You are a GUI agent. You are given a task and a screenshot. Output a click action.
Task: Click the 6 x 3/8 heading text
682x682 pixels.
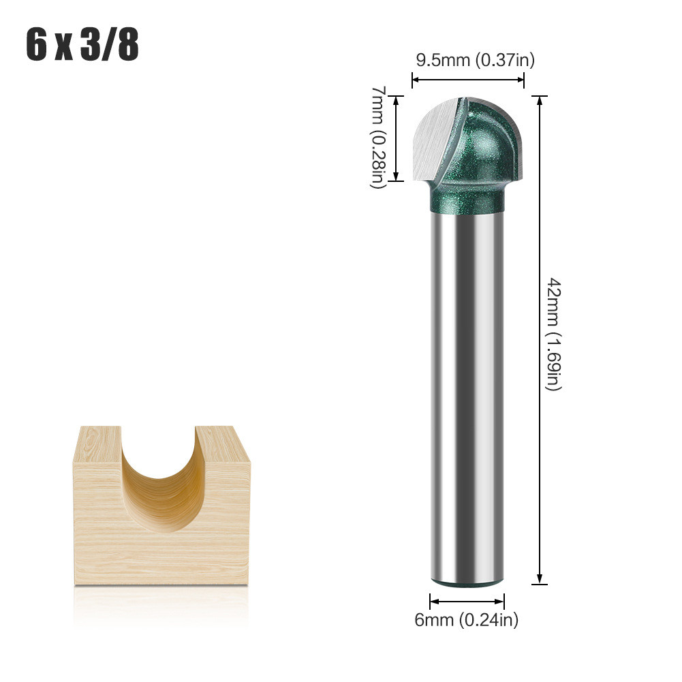[82, 45]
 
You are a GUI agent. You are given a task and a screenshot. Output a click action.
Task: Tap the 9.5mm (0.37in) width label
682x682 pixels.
[476, 60]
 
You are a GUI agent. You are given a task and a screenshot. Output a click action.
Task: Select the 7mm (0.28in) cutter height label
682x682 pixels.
[379, 137]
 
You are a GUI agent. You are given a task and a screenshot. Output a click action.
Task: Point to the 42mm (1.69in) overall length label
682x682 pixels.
[554, 335]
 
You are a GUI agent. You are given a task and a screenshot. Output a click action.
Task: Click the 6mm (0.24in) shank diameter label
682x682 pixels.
[466, 619]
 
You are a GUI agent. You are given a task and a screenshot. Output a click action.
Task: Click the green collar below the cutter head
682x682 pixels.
[467, 198]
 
